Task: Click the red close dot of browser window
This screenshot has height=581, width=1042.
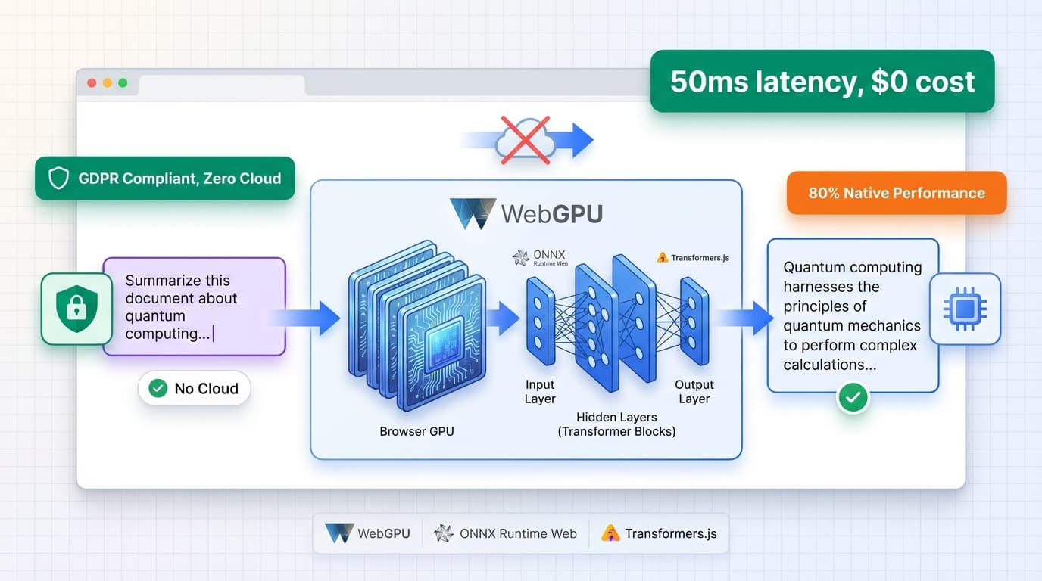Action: (x=92, y=82)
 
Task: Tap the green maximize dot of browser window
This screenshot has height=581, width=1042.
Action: (x=123, y=82)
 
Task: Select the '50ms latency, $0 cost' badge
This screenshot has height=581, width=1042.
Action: (x=822, y=81)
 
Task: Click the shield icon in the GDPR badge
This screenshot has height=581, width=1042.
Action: (x=58, y=179)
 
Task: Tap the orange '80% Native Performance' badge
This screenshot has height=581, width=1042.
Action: (x=896, y=193)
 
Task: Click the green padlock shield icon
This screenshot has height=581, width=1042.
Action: (x=76, y=309)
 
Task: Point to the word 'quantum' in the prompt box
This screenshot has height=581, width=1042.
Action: (x=155, y=316)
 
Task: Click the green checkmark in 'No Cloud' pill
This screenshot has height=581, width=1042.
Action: (x=158, y=389)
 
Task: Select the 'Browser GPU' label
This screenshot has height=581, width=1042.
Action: (x=417, y=432)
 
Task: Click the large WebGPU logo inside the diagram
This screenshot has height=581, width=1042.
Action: (x=473, y=214)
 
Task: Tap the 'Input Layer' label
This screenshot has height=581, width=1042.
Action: (x=540, y=392)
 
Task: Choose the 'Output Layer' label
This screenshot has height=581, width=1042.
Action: (x=694, y=392)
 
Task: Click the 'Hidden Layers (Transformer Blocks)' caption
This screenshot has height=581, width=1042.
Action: (x=616, y=424)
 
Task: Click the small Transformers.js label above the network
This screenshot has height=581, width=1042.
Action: (x=694, y=258)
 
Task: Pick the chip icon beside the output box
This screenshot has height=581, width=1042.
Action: (x=965, y=309)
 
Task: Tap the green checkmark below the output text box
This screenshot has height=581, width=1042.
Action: (x=853, y=396)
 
